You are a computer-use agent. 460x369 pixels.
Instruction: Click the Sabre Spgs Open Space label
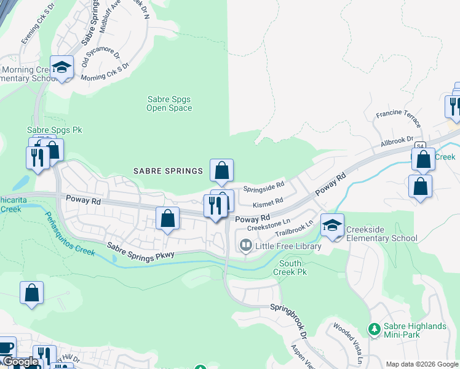tap(169, 103)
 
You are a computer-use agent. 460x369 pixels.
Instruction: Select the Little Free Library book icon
tap(245, 246)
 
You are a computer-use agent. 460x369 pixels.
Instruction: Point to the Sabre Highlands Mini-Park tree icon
tap(373, 330)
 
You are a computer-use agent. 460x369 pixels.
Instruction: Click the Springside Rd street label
tap(264, 184)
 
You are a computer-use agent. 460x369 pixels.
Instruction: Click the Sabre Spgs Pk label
tap(54, 130)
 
